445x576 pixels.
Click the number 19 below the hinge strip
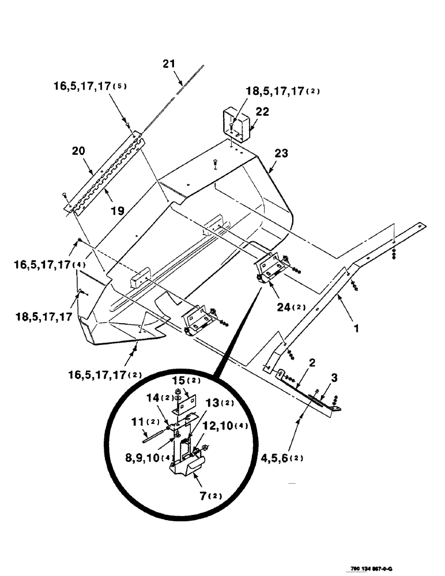118,211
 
